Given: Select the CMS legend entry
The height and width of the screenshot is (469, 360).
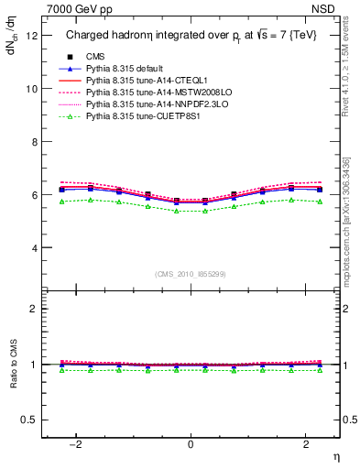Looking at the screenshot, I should [x=95, y=57].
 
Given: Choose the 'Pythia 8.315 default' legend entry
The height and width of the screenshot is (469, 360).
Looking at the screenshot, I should [x=128, y=69].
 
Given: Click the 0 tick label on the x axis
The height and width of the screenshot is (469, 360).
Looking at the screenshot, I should [x=191, y=443].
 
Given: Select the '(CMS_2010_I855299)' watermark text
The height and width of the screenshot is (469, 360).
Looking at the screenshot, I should [x=191, y=273].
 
